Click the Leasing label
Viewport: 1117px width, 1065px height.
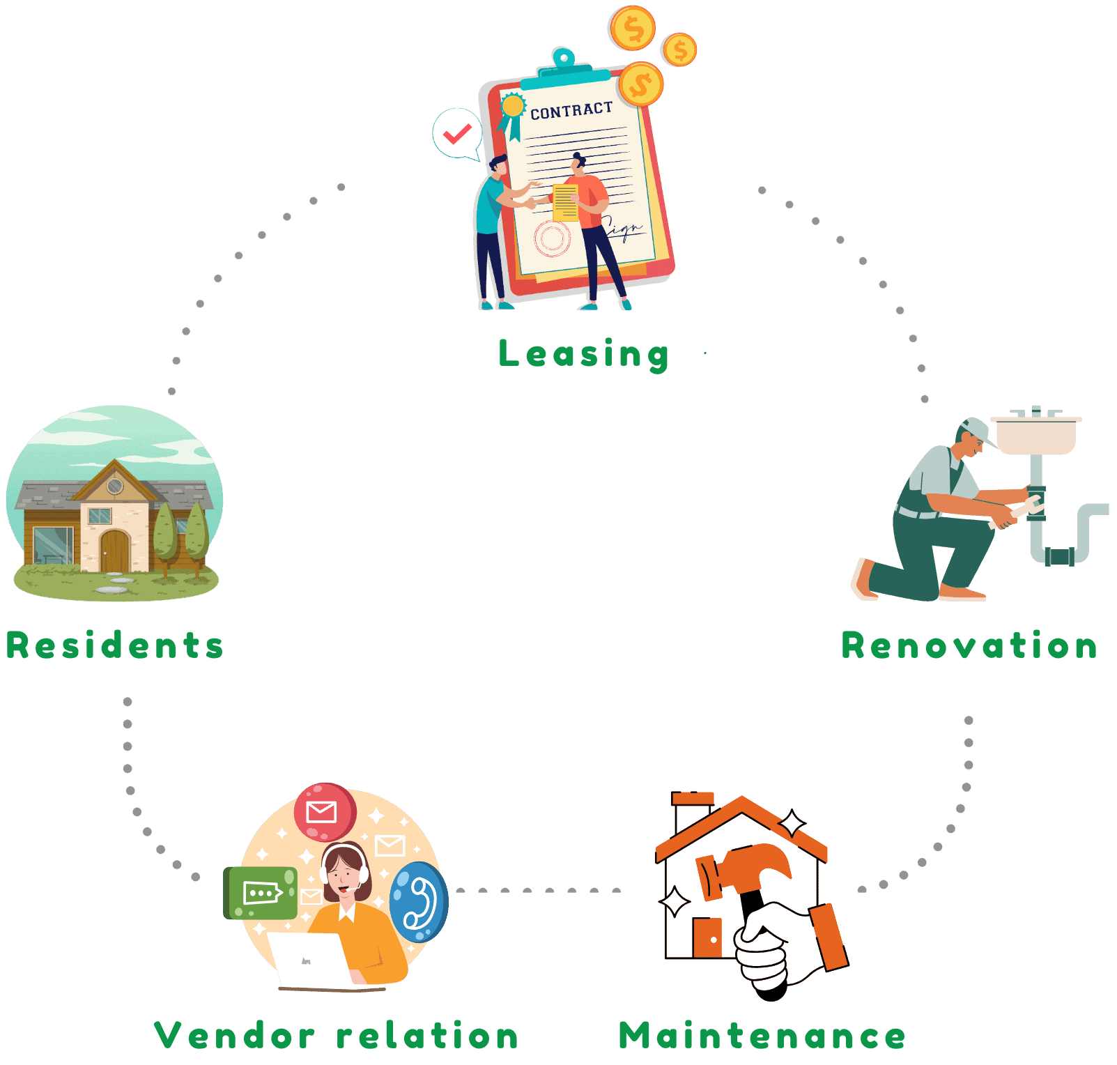point(584,354)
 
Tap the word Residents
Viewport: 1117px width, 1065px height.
point(115,645)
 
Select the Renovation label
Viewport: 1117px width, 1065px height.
point(969,645)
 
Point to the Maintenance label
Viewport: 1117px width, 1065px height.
point(762,1036)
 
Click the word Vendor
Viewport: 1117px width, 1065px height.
point(234,1036)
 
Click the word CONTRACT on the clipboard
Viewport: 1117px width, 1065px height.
point(571,111)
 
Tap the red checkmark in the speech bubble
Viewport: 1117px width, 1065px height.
point(457,133)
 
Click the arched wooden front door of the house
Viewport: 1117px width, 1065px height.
point(115,550)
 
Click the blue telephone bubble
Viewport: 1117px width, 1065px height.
point(418,903)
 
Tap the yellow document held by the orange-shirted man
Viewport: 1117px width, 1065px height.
point(565,202)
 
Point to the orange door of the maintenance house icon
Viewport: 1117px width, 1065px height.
point(708,937)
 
